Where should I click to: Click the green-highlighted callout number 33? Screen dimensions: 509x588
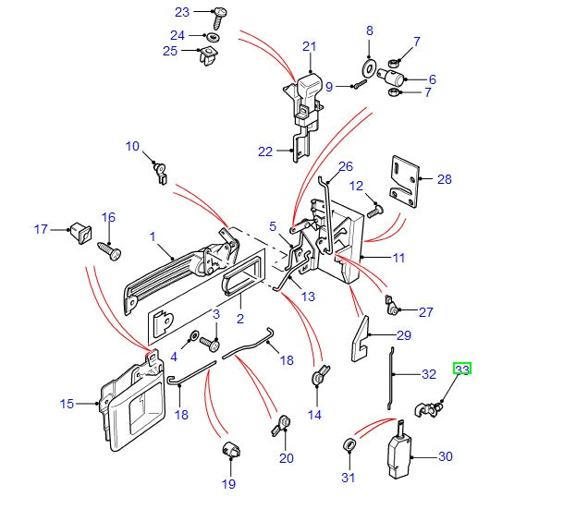tap(462, 370)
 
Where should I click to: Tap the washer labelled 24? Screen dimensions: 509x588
tap(212, 36)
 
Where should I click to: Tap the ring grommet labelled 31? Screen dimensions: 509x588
tap(350, 447)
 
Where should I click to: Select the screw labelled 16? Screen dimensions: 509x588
tap(106, 249)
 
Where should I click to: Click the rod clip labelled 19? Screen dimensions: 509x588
tap(230, 453)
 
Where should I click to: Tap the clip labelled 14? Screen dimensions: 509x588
tap(319, 377)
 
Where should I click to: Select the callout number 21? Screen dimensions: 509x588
tap(309, 47)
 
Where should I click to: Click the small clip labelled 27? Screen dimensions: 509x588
tap(395, 306)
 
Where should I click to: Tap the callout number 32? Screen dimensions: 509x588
tap(428, 375)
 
